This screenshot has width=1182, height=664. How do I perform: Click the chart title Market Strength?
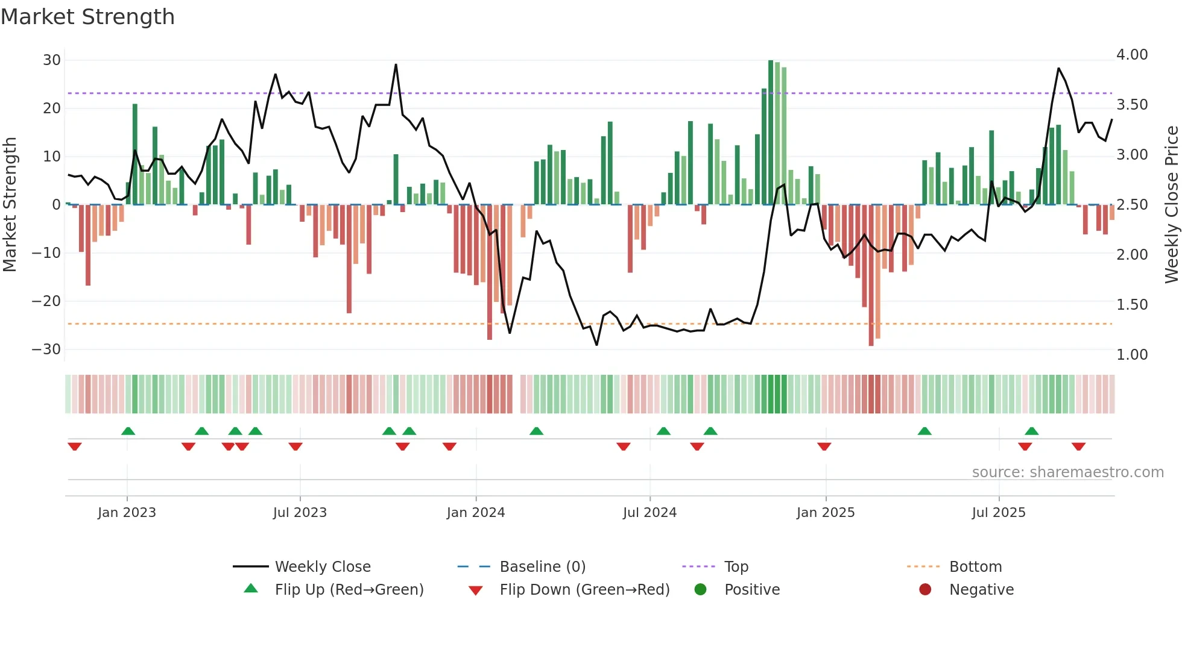[x=87, y=17]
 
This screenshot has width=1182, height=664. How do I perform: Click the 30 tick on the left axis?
[x=52, y=60]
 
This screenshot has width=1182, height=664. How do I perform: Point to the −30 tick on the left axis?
[x=46, y=349]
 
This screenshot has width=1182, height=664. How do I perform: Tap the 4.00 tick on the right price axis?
[x=1132, y=55]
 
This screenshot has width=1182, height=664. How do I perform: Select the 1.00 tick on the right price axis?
[x=1132, y=355]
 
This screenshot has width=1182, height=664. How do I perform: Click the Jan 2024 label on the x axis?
[x=476, y=513]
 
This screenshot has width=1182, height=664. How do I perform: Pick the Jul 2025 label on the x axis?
[x=999, y=513]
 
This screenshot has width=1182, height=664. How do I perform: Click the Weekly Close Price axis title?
[x=1171, y=205]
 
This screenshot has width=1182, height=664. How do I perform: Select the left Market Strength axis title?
[x=10, y=205]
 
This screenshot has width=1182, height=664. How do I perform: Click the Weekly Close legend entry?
[x=323, y=567]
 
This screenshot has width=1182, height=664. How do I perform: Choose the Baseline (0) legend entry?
[x=542, y=567]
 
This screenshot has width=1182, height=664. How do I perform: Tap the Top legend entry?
[x=736, y=567]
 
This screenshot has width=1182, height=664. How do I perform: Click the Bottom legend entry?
[x=975, y=567]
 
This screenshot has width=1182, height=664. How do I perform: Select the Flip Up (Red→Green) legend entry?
[x=349, y=590]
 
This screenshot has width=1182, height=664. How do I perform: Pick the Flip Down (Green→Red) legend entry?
[x=584, y=590]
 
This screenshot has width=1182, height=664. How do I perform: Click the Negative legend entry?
[x=981, y=590]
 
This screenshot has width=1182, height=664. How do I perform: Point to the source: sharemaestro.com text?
[x=1067, y=472]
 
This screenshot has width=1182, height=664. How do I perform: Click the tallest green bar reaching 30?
[x=771, y=133]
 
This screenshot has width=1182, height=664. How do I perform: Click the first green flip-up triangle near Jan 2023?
[x=128, y=431]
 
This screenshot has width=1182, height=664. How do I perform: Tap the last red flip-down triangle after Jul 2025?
[x=1078, y=446]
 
